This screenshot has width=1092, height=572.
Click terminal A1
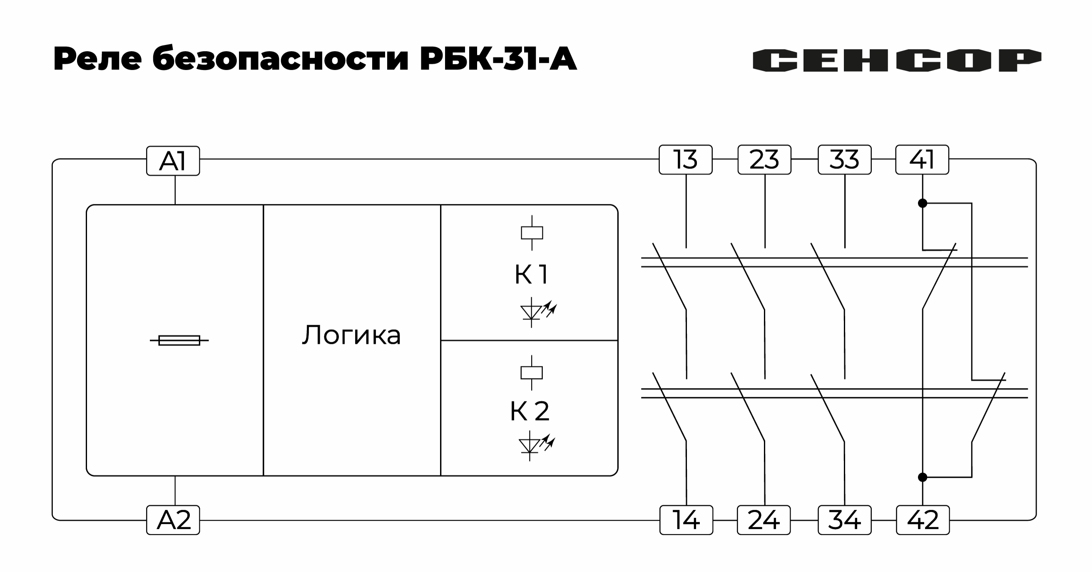(x=173, y=161)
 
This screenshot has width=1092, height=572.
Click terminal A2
(x=173, y=520)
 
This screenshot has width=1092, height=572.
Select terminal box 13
(x=686, y=159)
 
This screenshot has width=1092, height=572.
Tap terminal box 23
(x=764, y=159)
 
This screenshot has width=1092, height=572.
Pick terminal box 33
(x=844, y=159)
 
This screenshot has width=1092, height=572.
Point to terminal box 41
(x=922, y=159)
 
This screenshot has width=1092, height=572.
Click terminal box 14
(x=687, y=520)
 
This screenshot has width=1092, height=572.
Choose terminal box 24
(x=764, y=520)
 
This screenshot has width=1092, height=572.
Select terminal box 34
(x=844, y=520)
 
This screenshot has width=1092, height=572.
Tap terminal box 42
(x=923, y=520)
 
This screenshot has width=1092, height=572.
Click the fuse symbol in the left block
(x=179, y=340)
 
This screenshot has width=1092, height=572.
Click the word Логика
(x=351, y=335)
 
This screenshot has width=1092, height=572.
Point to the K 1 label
(x=532, y=274)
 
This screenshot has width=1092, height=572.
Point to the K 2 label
(x=530, y=410)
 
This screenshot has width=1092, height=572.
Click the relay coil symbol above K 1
(x=532, y=233)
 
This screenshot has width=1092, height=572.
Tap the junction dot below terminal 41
(x=923, y=204)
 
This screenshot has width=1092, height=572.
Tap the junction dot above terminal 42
(x=923, y=477)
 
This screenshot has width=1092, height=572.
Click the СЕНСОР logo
(x=897, y=60)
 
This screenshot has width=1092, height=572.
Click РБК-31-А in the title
(x=498, y=60)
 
